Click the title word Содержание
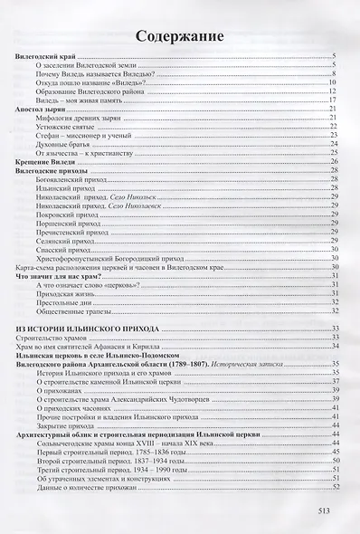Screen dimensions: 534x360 tap(180, 37)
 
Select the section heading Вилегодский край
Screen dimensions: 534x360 tap(47, 58)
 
